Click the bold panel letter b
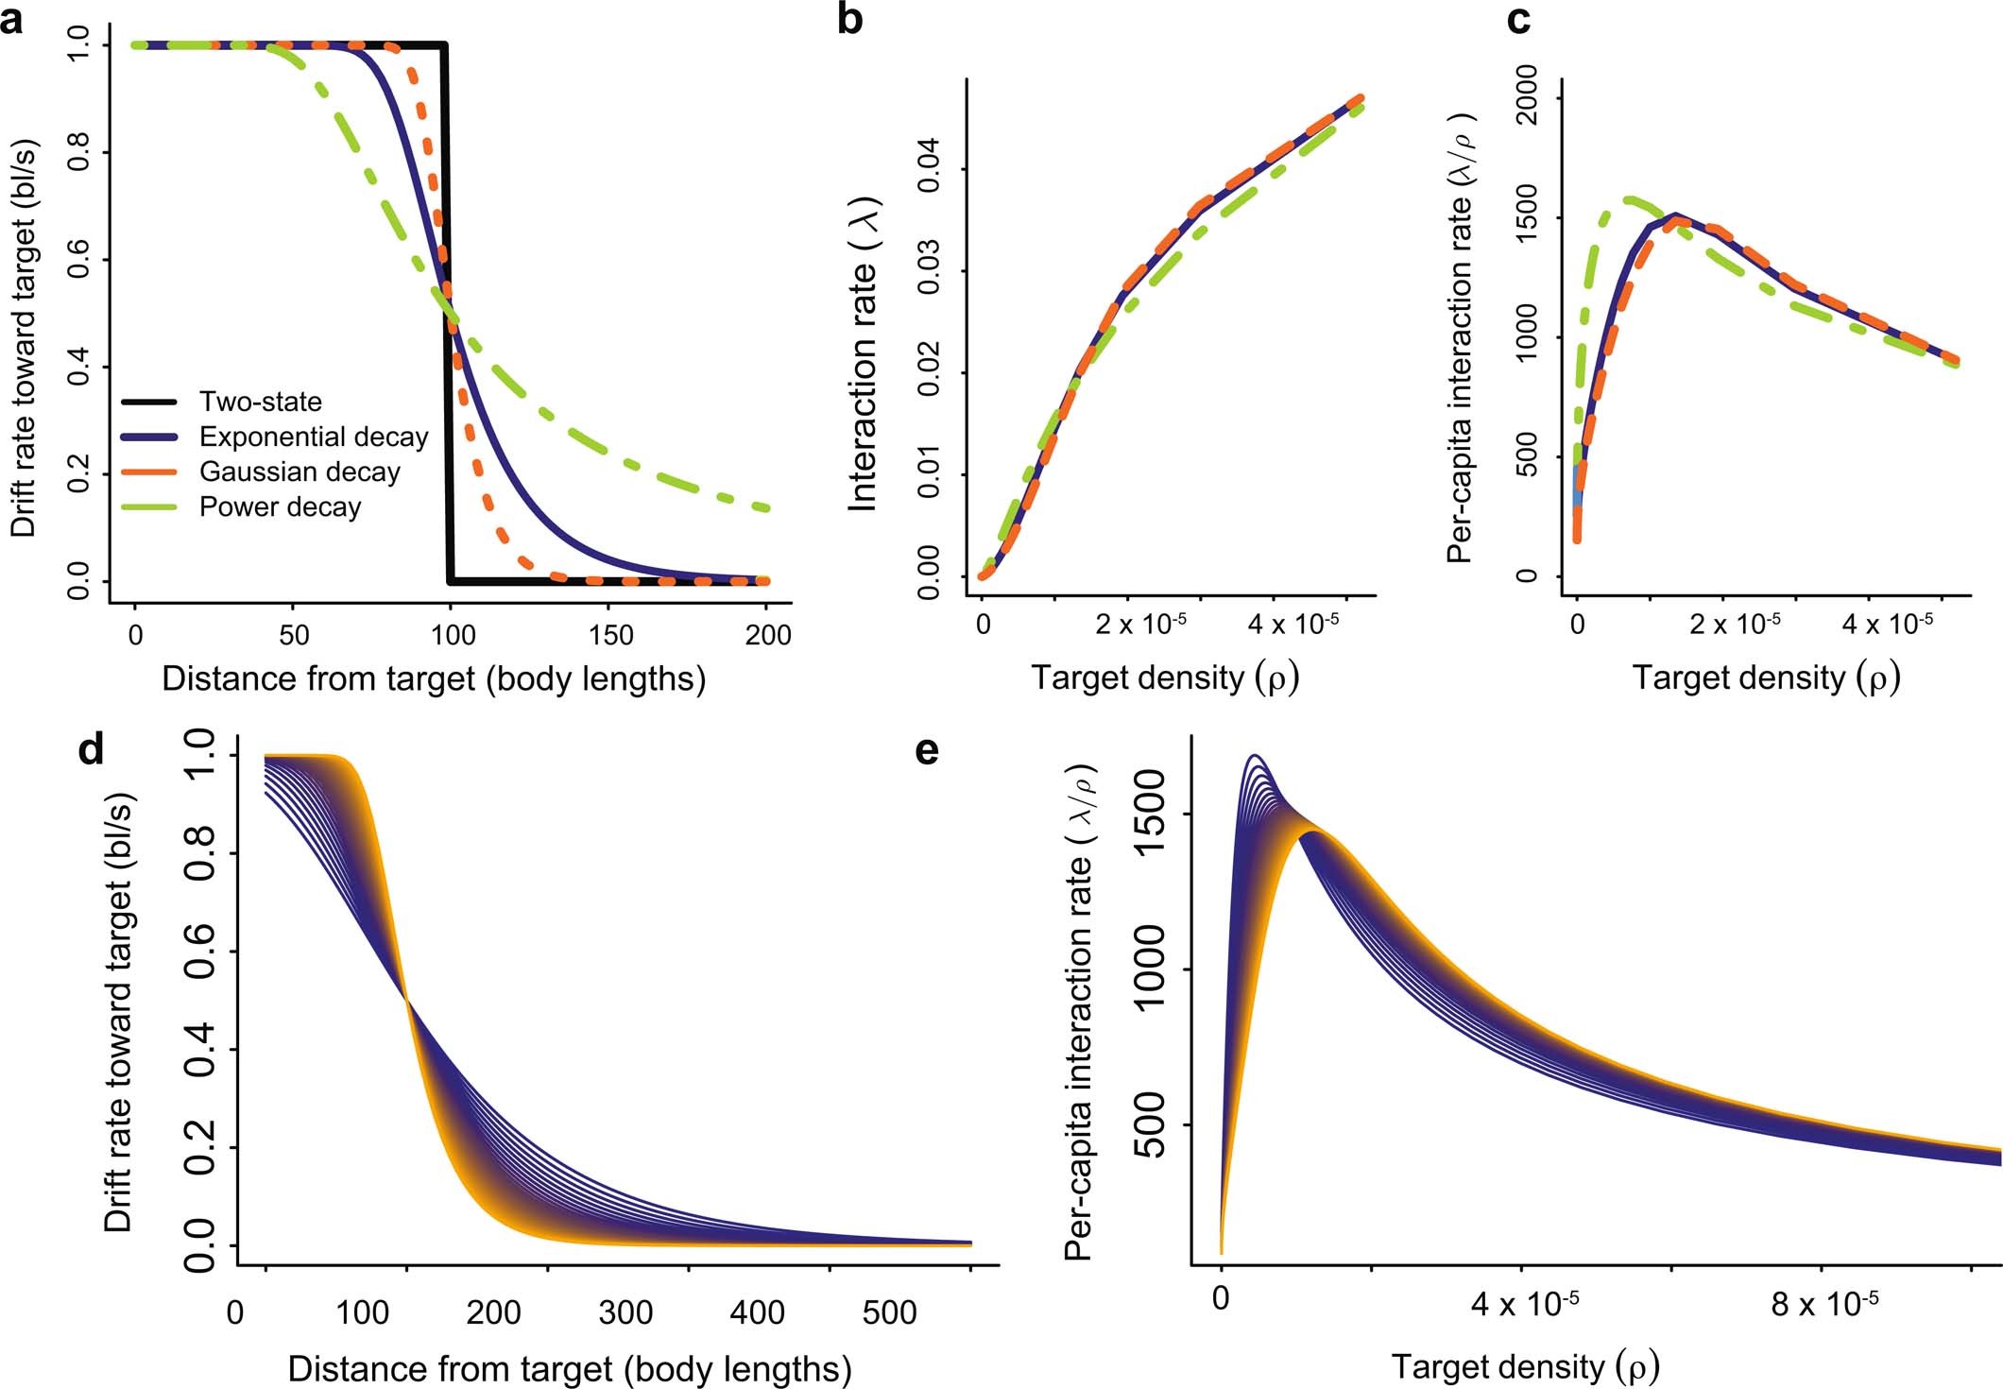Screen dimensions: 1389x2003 coord(850,20)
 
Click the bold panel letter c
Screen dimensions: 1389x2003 coord(1518,20)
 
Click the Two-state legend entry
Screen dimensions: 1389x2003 coord(260,402)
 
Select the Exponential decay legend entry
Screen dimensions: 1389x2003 coord(313,437)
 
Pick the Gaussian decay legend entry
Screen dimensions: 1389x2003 coord(300,472)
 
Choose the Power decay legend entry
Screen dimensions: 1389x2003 coord(280,507)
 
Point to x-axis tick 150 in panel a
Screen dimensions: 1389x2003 coord(611,635)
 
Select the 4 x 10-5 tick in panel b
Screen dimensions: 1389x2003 coord(1293,625)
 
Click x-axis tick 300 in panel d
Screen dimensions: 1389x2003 coord(626,1312)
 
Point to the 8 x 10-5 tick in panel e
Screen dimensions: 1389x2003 coord(1823,1305)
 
